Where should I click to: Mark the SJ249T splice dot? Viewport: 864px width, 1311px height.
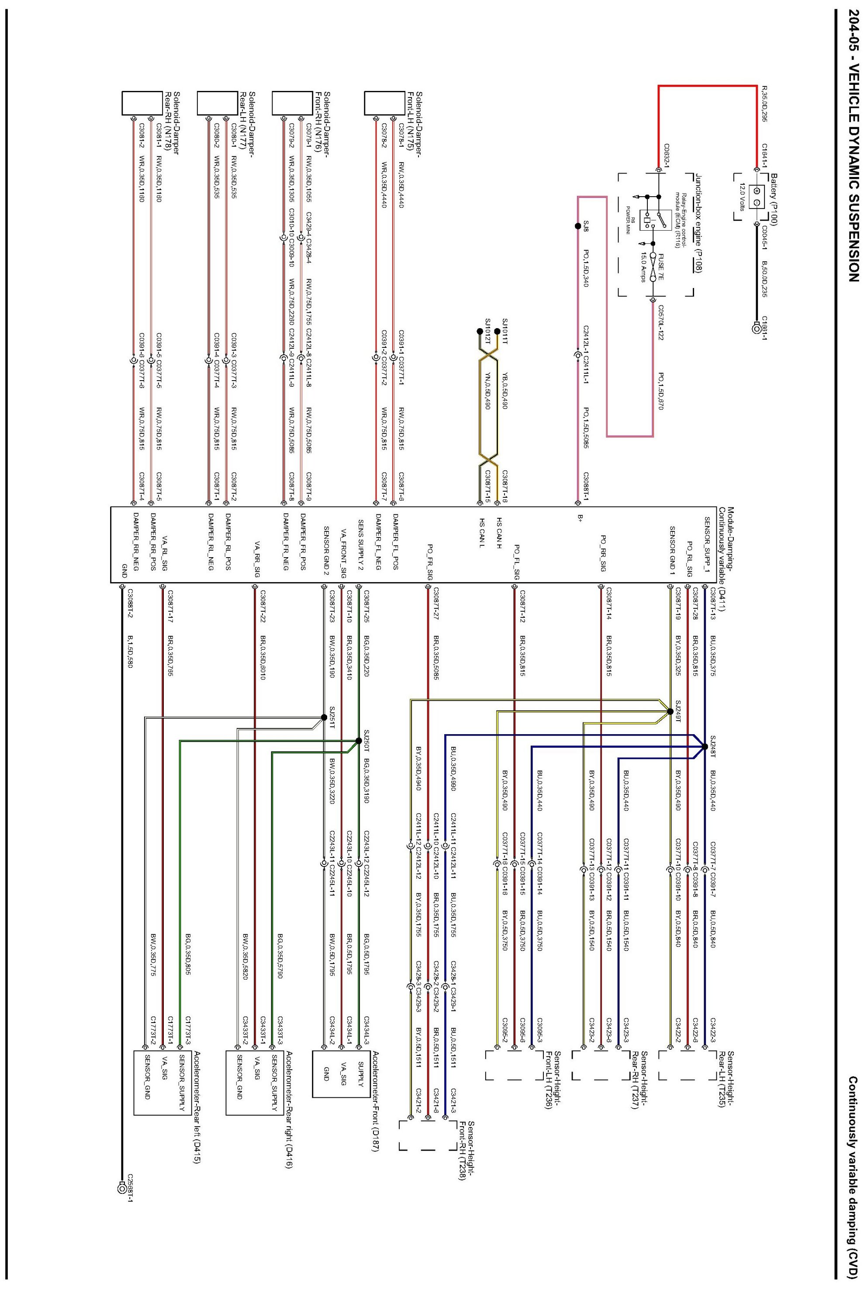click(670, 711)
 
